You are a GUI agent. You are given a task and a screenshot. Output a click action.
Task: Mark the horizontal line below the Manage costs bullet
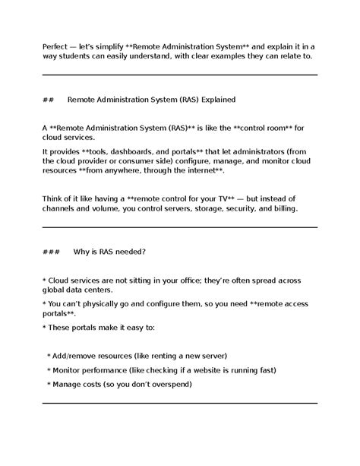click(x=179, y=403)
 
